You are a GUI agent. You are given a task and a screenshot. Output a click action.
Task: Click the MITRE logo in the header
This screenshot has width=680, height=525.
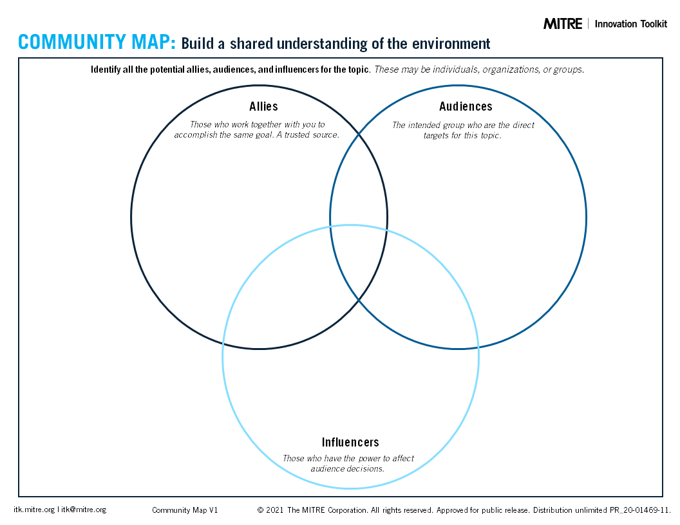[562, 24]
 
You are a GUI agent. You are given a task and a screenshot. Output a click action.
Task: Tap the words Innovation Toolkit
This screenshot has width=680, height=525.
[630, 24]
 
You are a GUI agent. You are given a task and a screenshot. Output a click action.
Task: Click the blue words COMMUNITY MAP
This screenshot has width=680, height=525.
[97, 42]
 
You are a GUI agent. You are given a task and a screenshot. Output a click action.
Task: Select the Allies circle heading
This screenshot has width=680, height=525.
[263, 106]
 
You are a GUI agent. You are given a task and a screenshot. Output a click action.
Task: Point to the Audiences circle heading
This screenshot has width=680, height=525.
[466, 106]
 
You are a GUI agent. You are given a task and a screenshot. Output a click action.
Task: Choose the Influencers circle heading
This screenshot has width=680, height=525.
[350, 442]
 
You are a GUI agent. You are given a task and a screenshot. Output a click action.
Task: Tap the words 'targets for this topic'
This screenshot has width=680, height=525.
[462, 135]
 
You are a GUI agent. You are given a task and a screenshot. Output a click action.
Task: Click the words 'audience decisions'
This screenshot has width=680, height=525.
[347, 468]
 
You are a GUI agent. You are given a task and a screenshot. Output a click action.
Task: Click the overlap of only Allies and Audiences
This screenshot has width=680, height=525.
[358, 182]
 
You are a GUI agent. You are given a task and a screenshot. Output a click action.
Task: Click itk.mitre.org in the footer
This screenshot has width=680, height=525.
[34, 510]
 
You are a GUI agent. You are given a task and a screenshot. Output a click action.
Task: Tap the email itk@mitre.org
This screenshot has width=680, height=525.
[83, 510]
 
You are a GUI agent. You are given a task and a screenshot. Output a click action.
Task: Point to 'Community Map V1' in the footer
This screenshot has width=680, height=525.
[185, 510]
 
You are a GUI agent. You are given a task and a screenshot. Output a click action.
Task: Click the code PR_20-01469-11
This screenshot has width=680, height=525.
[640, 510]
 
